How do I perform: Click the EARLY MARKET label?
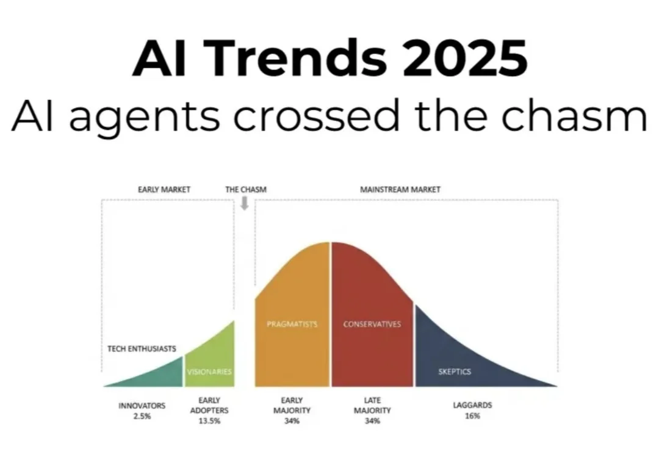coord(164,190)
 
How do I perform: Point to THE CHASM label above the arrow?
coord(245,190)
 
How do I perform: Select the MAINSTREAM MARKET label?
coord(400,190)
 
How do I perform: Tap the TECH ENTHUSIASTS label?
coord(142,349)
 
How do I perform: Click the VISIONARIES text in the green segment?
coord(209,372)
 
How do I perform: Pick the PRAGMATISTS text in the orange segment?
coord(292,325)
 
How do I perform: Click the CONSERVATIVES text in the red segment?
coord(372,325)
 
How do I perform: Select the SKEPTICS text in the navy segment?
coord(455,372)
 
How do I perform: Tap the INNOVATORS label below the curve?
coord(142,406)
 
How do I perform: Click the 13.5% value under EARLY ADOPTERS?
coord(209,421)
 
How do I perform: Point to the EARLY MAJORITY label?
coord(292,406)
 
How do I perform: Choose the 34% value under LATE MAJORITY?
coord(372,421)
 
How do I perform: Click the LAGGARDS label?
coord(472,405)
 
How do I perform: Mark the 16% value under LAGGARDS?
coord(472,416)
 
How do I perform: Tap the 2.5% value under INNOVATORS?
coord(142,416)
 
